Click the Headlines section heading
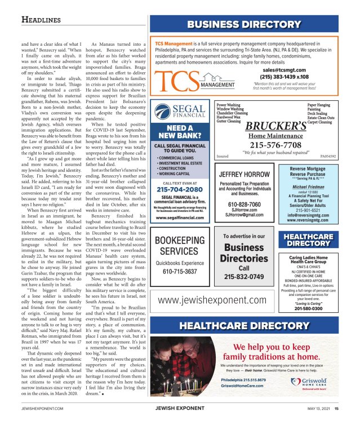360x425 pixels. coord(41,20)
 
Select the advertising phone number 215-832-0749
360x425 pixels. coord(244,277)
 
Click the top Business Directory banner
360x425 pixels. coord(244,24)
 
